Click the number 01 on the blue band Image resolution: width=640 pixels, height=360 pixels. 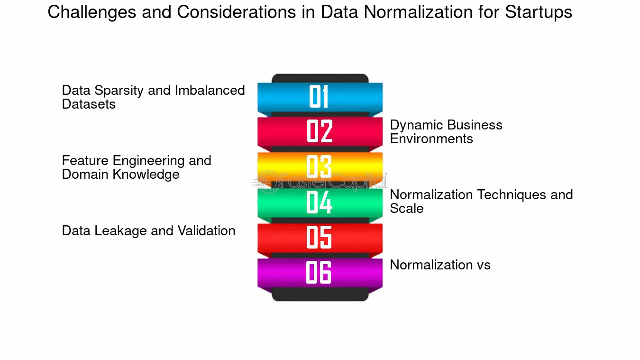(x=319, y=96)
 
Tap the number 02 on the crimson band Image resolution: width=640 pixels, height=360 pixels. (x=320, y=131)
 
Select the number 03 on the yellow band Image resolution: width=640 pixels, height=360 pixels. (x=319, y=166)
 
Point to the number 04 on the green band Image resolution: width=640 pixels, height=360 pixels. (x=319, y=202)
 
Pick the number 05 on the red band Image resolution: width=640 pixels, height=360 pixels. (x=319, y=237)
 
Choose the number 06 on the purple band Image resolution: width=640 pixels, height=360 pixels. (x=319, y=272)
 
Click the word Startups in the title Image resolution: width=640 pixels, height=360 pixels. (x=539, y=13)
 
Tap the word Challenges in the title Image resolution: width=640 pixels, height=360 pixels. (x=91, y=13)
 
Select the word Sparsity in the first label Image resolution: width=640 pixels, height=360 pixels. (x=119, y=91)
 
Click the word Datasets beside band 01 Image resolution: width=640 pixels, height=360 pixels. (x=89, y=104)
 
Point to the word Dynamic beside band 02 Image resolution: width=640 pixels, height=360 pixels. (x=417, y=126)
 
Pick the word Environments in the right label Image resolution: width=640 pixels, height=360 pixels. (x=431, y=138)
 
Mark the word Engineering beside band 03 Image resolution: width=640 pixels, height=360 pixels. (x=148, y=161)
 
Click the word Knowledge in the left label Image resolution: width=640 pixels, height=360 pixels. (x=146, y=175)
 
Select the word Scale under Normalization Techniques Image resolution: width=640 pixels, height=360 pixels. (x=407, y=208)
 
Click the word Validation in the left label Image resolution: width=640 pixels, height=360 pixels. (x=206, y=231)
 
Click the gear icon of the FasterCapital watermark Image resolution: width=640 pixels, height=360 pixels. (x=268, y=182)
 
